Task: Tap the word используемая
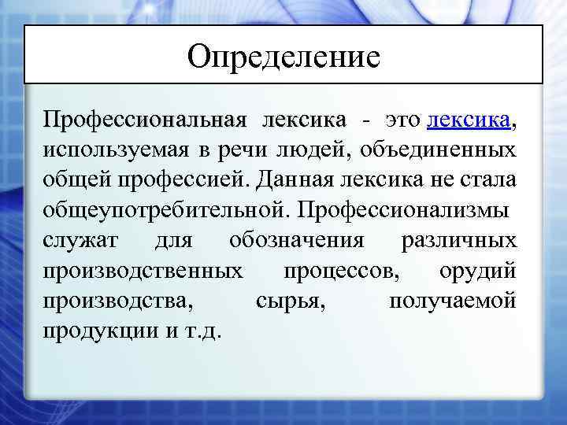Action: tap(106, 150)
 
